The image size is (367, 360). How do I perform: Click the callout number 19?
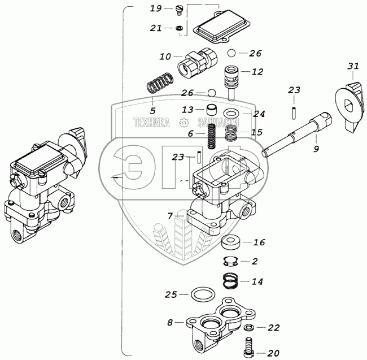pyautogui.click(x=156, y=8)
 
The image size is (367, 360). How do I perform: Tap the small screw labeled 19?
pyautogui.click(x=179, y=11)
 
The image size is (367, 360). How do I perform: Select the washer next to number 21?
pyautogui.click(x=179, y=28)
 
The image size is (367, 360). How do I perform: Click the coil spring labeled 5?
pyautogui.click(x=160, y=83)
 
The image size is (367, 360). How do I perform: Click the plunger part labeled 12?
pyautogui.click(x=231, y=83)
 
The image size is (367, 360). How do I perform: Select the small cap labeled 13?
pyautogui.click(x=212, y=110)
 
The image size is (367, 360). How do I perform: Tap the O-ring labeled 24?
pyautogui.click(x=231, y=114)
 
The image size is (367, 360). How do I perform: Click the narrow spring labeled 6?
pyautogui.click(x=212, y=136)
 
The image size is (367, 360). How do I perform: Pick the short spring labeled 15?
pyautogui.click(x=231, y=133)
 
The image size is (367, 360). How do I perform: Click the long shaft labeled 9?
pyautogui.click(x=296, y=134)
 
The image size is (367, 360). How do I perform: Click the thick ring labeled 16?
pyautogui.click(x=231, y=242)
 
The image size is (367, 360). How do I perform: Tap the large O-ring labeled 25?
pyautogui.click(x=203, y=294)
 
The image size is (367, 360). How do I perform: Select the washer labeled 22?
pyautogui.click(x=249, y=327)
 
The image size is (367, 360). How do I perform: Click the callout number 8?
pyautogui.click(x=170, y=323)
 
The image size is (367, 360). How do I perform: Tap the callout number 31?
pyautogui.click(x=353, y=66)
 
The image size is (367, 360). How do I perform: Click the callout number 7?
pyautogui.click(x=171, y=215)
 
